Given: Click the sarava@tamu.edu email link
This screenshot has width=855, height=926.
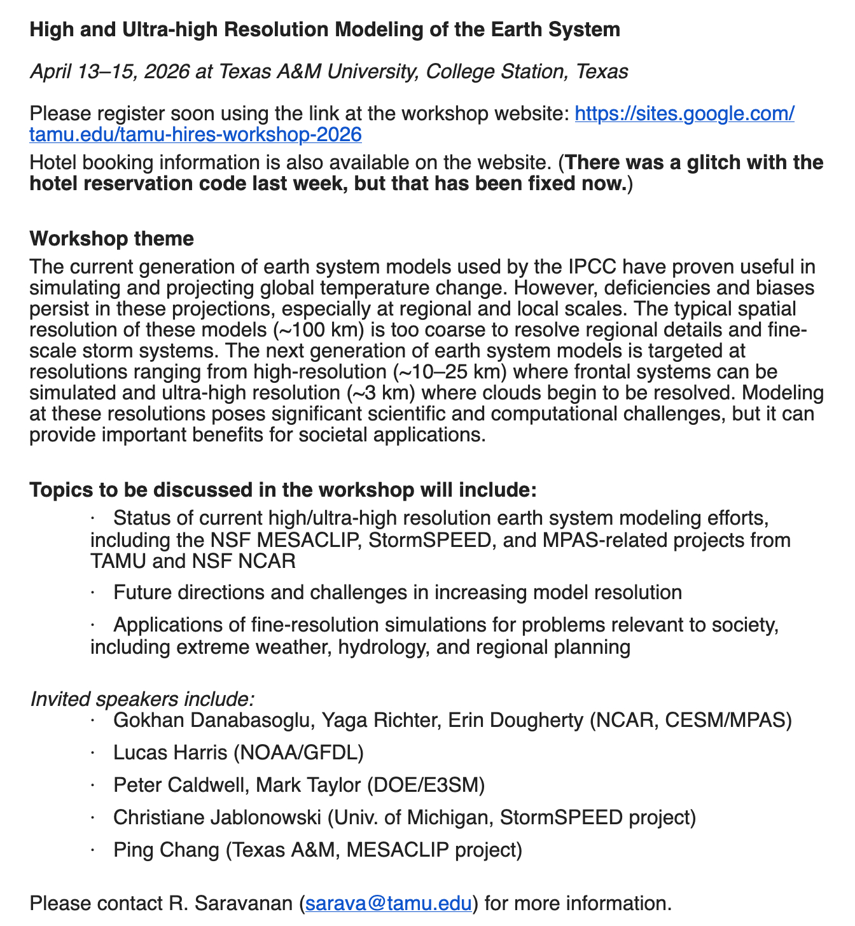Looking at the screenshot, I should [x=388, y=903].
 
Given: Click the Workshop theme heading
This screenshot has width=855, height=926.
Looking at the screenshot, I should [x=111, y=238].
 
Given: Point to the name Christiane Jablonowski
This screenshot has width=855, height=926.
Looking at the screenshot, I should [x=216, y=817].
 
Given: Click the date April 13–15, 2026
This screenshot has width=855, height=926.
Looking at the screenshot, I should [x=110, y=71].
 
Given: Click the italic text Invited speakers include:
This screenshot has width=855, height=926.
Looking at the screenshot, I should [x=142, y=698].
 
